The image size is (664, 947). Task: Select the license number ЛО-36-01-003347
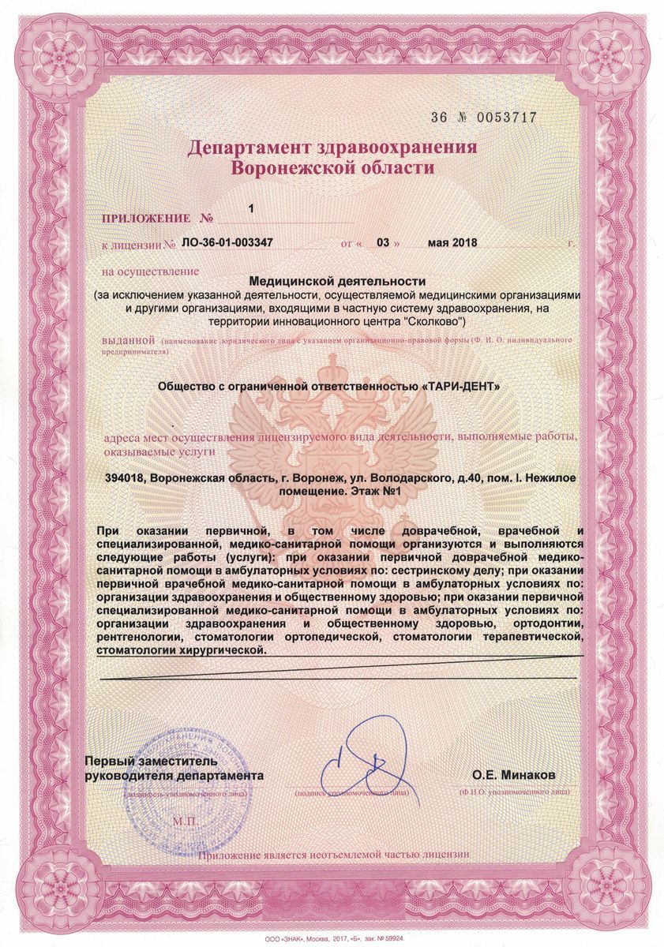coord(227,243)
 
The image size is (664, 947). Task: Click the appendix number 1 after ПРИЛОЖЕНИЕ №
coord(251,209)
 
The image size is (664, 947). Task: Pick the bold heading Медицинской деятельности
coord(337,280)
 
